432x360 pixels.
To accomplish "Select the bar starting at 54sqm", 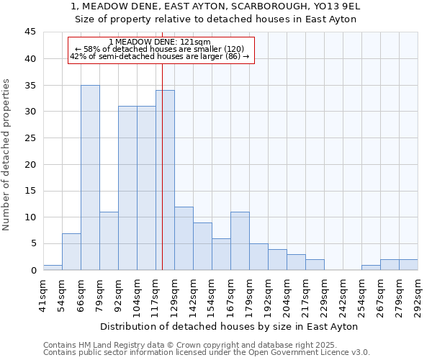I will (x=71, y=252).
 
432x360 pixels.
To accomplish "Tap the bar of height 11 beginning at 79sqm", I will (x=109, y=241).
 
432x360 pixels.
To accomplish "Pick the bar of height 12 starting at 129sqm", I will (x=184, y=238).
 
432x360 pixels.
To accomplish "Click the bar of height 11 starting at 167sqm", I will (x=240, y=241).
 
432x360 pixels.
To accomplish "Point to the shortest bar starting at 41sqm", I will (x=53, y=268).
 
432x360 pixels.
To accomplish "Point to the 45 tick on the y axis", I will (x=30, y=32).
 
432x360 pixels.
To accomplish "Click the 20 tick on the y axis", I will (x=30, y=164).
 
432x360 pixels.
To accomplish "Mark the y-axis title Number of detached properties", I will (x=7, y=155).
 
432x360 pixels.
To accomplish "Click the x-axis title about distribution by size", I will (x=230, y=326).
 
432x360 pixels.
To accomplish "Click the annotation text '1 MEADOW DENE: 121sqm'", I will (x=160, y=42).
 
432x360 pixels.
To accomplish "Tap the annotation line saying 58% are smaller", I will (x=160, y=49).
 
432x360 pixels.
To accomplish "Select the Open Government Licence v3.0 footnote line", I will (x=206, y=352).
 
